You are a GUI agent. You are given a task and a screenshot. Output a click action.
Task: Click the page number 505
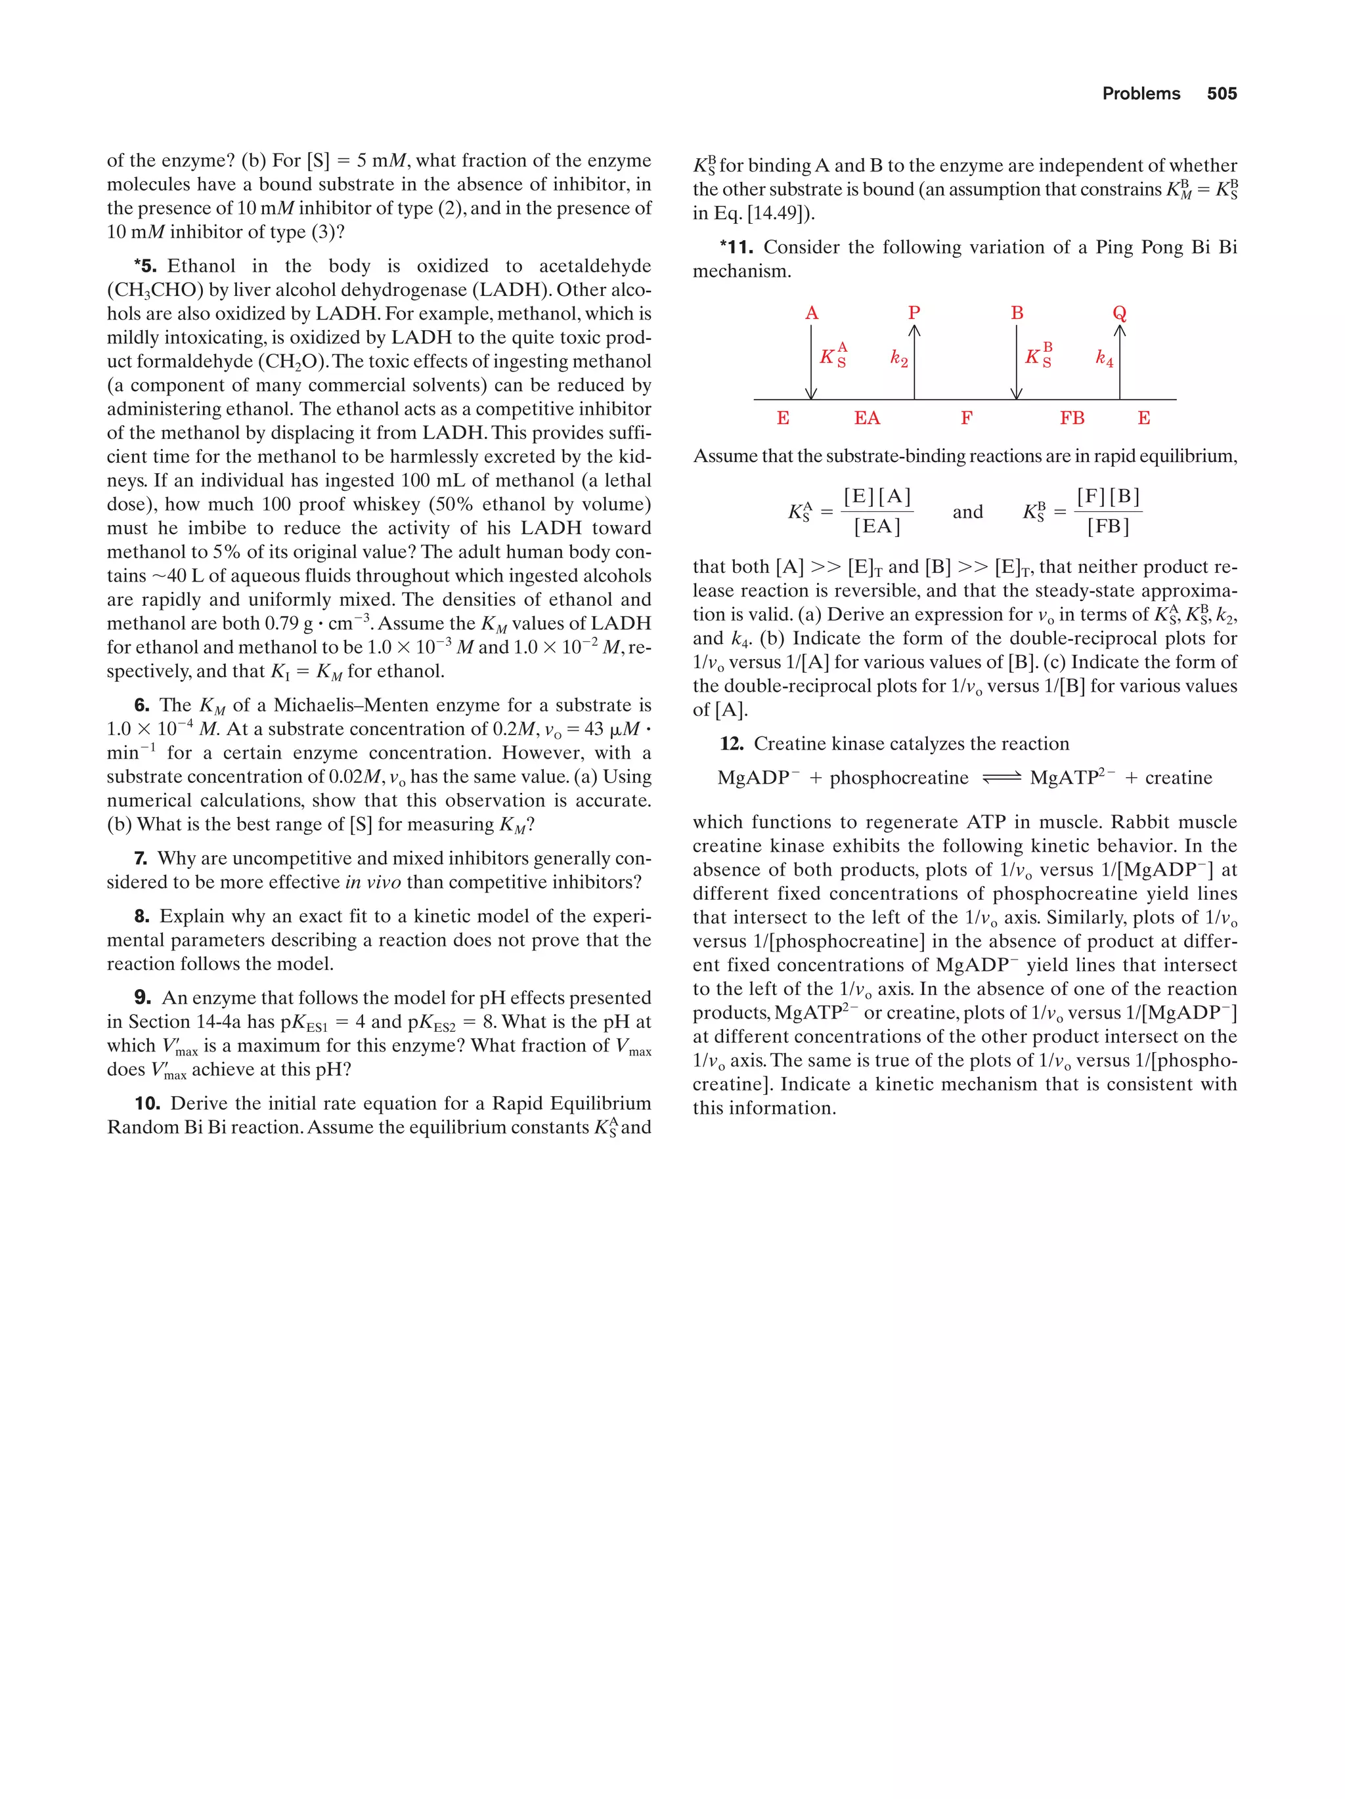[1222, 94]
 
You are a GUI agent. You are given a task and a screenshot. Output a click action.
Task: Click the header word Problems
[1141, 94]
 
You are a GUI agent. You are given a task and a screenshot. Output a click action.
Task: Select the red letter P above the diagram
[914, 313]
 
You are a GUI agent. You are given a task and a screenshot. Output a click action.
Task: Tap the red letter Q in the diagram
[1119, 313]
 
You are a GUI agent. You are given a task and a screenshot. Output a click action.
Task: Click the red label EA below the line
[866, 418]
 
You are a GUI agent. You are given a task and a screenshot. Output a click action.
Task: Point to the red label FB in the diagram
[1072, 418]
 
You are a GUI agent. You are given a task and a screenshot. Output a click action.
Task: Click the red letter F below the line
[966, 418]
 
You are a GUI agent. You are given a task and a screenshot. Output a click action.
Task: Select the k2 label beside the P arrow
[898, 358]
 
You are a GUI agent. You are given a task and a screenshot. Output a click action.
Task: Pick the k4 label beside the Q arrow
[1103, 358]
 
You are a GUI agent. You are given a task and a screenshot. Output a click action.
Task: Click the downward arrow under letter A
[811, 362]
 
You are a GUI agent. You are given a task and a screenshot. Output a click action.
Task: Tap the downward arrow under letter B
[1016, 362]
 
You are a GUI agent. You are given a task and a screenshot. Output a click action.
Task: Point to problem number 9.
[143, 998]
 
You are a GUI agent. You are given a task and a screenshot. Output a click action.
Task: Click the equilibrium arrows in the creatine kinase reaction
[1000, 778]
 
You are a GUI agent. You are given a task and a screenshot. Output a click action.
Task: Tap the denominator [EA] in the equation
[876, 527]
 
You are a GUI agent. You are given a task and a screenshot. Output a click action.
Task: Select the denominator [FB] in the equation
[1108, 527]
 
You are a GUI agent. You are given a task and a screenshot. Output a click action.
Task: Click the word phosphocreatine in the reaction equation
[898, 778]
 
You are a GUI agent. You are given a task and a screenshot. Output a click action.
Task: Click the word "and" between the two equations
[967, 511]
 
